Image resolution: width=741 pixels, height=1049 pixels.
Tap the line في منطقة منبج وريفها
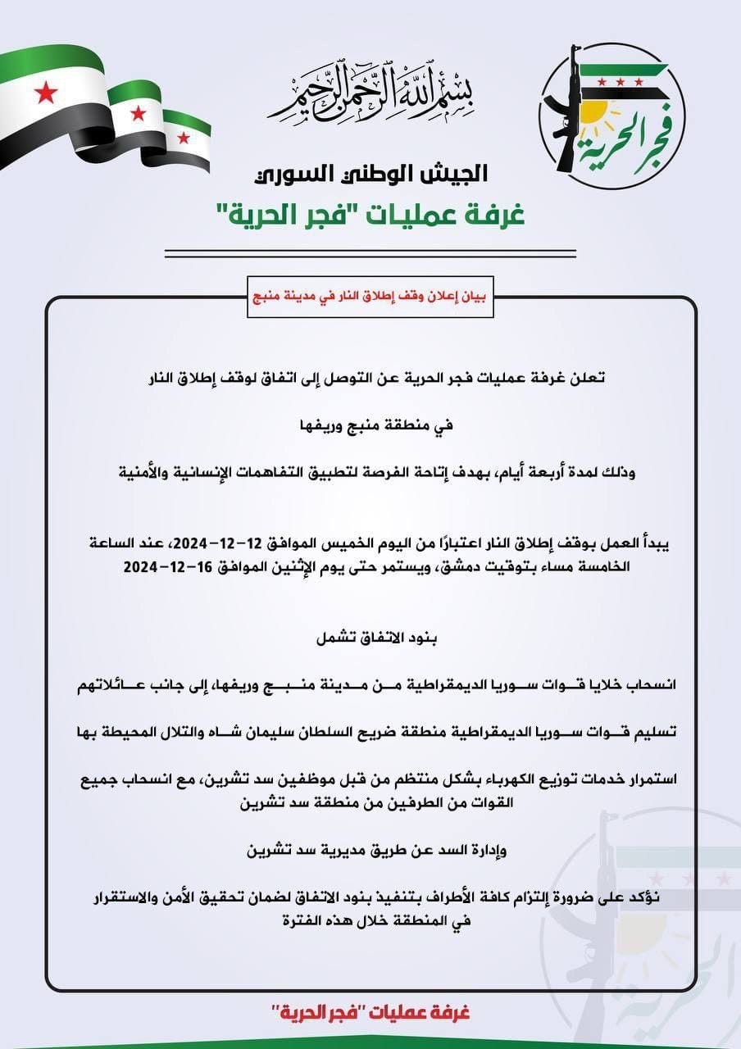pyautogui.click(x=370, y=426)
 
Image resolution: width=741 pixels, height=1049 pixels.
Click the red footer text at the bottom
pyautogui.click(x=370, y=1012)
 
